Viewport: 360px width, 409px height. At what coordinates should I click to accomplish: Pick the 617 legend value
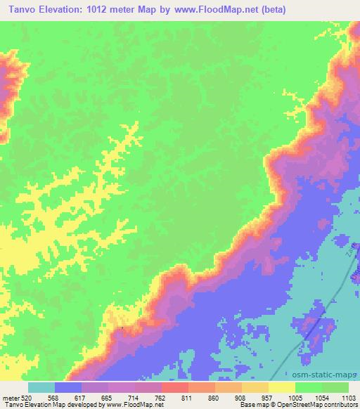click(82, 397)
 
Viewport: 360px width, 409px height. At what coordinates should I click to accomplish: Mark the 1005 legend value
click(294, 397)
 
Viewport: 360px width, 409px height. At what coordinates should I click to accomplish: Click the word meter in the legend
click(10, 397)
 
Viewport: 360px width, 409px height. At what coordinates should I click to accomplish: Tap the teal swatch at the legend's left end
click(41, 388)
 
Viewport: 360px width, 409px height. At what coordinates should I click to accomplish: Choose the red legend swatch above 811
click(174, 388)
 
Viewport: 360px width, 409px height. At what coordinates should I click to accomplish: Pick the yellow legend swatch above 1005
click(281, 388)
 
